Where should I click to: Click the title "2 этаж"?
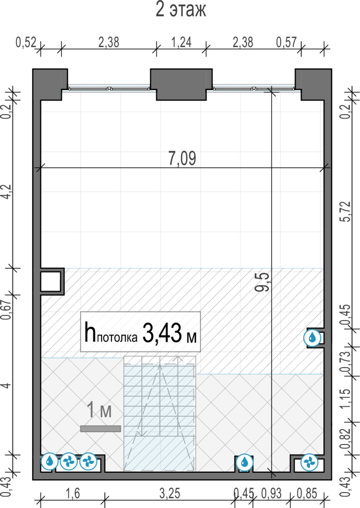[x=180, y=10]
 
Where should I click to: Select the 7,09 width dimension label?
[x=182, y=158]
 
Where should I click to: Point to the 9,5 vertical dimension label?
[x=262, y=282]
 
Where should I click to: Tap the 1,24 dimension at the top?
[x=181, y=43]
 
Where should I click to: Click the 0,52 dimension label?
[x=26, y=43]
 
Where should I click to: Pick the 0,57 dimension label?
[x=286, y=43]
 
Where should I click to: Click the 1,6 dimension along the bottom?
[x=73, y=494]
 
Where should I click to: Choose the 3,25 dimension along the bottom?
[x=170, y=494]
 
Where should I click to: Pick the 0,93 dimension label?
[x=271, y=494]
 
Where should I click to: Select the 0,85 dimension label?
[x=307, y=494]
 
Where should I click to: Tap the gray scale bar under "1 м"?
[x=100, y=429]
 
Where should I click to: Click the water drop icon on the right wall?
[x=312, y=337]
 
